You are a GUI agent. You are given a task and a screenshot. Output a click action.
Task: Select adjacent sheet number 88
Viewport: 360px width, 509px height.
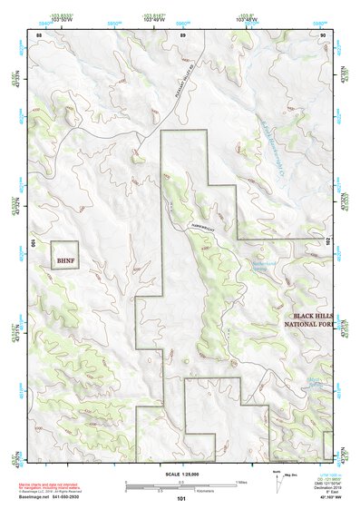(39, 34)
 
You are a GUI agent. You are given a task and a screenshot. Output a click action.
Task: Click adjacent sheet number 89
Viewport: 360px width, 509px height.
(182, 34)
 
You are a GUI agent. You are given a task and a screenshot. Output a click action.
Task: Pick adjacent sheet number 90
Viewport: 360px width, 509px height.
(324, 34)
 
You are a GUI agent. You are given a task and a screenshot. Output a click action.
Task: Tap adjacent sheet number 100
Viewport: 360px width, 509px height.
(32, 243)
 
